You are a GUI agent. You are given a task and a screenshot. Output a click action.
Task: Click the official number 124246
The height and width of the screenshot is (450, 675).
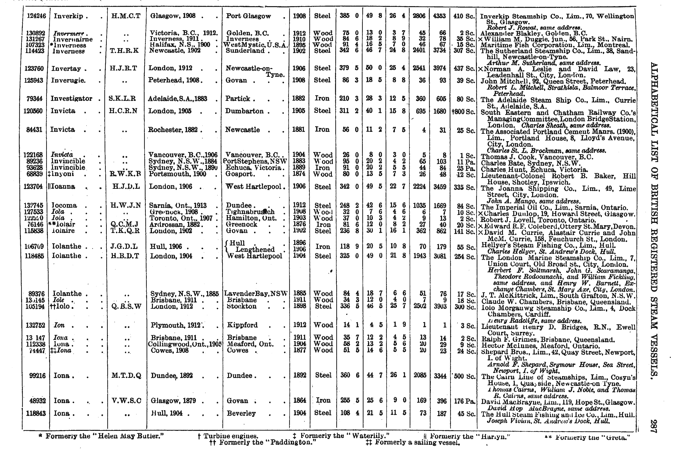(36, 16)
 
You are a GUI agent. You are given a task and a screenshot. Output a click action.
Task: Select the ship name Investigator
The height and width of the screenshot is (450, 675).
(71, 99)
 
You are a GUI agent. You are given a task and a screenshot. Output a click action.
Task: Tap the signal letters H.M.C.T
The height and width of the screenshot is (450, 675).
(126, 16)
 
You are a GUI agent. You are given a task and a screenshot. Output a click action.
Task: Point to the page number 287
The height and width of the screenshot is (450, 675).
(653, 426)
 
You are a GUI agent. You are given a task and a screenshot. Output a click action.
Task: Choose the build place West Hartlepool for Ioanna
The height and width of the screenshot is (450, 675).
(254, 187)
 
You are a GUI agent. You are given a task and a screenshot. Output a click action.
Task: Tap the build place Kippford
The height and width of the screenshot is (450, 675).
(243, 325)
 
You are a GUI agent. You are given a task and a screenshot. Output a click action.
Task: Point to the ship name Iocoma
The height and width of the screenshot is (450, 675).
(64, 205)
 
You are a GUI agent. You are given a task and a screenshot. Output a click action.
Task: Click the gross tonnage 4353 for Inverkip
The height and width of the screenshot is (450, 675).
(439, 16)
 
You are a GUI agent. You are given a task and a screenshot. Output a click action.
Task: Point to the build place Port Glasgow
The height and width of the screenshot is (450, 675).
(248, 16)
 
